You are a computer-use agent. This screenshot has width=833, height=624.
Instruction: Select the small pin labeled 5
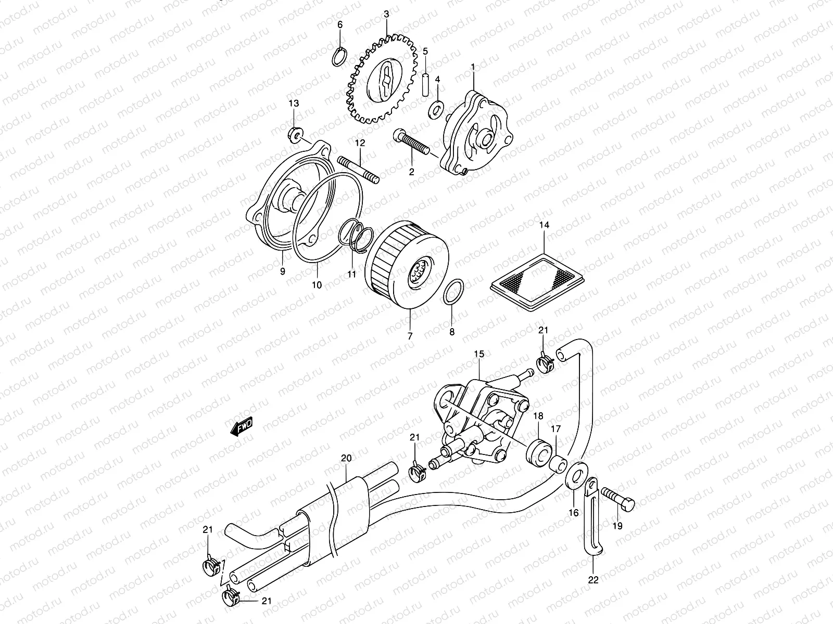tap(425, 84)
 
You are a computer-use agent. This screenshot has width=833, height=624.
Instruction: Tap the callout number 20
tap(346, 458)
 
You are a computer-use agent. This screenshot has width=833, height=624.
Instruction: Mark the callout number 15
tap(479, 354)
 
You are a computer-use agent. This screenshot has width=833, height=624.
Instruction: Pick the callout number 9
tap(283, 271)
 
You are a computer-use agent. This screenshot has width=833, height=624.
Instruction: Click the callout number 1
tap(473, 67)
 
